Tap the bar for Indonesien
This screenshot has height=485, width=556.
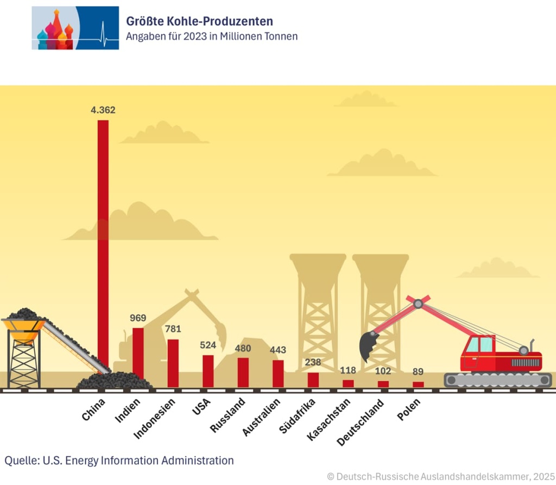[173, 362]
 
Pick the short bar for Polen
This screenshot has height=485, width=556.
[418, 384]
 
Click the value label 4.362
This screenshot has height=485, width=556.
[103, 110]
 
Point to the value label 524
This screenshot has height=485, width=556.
[207, 345]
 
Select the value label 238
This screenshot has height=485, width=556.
[313, 362]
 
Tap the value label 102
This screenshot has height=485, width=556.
[383, 371]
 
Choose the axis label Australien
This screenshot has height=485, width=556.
[262, 417]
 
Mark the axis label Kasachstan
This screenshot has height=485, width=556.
[329, 419]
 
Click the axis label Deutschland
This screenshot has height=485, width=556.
[361, 422]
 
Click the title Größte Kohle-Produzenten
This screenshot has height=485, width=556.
[199, 21]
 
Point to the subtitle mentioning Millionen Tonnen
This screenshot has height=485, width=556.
[211, 36]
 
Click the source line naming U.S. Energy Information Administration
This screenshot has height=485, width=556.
[119, 461]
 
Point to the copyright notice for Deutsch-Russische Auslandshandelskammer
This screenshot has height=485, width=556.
[441, 476]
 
